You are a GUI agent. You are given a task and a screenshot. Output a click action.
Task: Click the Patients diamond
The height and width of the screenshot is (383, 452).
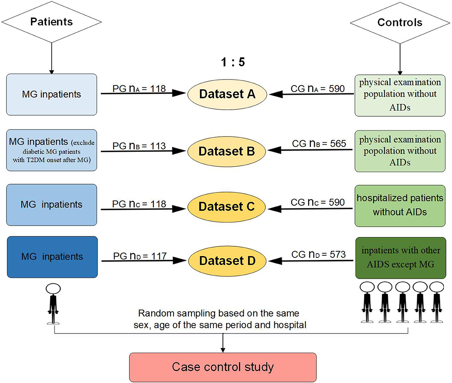[52, 22]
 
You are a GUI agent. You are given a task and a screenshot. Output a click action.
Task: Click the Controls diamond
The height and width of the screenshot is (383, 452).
[400, 22]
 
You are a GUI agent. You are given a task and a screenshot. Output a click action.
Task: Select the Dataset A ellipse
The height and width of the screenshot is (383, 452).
[227, 94]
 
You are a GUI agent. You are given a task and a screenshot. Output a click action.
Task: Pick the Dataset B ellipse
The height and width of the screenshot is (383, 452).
[226, 151]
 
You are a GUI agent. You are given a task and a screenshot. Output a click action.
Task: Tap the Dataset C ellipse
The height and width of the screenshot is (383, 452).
[226, 207]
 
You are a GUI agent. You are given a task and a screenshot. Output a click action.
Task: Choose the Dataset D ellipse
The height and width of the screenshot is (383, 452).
[227, 261]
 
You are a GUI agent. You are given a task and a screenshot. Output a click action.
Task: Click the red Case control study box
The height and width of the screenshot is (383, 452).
[223, 367]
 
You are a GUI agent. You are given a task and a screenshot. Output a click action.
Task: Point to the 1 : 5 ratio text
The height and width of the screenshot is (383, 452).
[233, 62]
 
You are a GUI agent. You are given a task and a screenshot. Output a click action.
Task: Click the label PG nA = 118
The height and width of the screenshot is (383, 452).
[139, 89]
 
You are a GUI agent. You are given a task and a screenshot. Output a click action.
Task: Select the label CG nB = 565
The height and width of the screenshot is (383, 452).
[319, 143]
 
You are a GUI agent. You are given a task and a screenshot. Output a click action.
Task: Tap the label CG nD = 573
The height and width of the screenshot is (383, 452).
[319, 254]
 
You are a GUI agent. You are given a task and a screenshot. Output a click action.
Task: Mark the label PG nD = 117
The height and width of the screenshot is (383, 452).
[140, 256]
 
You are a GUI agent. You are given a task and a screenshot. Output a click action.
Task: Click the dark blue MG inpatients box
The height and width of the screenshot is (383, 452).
[52, 257]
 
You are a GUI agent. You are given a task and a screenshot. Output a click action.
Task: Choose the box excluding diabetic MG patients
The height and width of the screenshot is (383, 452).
[52, 150]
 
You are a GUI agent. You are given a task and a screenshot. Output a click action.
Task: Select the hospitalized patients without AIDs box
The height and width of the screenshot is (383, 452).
[400, 206]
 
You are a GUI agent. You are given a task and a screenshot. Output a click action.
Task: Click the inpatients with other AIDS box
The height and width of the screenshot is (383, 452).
[401, 258]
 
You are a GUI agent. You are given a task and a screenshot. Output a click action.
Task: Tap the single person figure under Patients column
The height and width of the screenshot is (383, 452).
[53, 304]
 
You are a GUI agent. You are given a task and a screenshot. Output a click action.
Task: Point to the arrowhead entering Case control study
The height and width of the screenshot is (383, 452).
[223, 350]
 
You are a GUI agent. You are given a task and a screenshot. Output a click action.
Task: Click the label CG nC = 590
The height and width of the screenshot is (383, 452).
[318, 202]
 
